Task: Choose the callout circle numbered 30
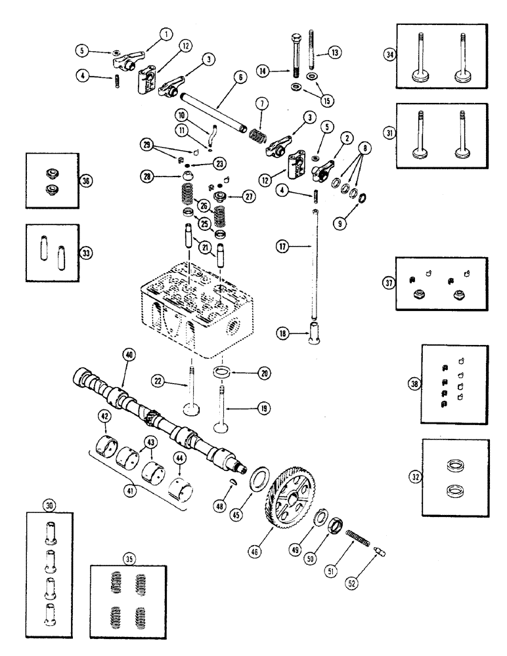coord(47,504)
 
